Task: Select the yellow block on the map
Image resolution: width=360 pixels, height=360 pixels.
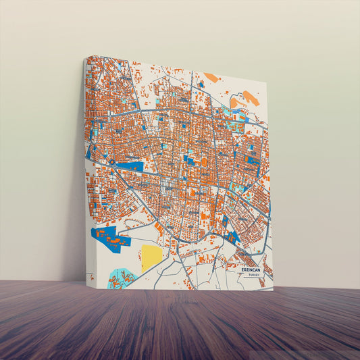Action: [152, 257]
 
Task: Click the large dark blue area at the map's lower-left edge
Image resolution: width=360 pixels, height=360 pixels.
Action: [108, 238]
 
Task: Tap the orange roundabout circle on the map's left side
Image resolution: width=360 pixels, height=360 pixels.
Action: [111, 162]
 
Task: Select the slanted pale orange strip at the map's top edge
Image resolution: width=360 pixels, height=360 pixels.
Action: [211, 78]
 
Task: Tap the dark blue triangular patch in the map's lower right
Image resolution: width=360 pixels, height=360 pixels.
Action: [233, 237]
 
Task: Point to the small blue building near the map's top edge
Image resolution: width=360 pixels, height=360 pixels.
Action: [201, 85]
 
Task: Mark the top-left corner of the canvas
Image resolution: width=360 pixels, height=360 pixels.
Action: [86, 57]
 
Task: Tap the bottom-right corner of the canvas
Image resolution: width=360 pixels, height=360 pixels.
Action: [274, 290]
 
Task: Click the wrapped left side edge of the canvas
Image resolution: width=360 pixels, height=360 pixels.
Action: [86, 169]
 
